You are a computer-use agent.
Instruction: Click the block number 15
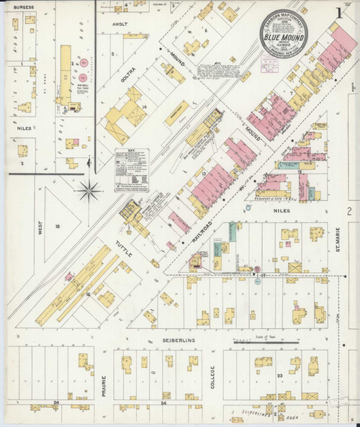pos(58,227)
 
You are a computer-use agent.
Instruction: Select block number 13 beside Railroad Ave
pos(205,174)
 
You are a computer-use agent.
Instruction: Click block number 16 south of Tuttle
pos(88,294)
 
